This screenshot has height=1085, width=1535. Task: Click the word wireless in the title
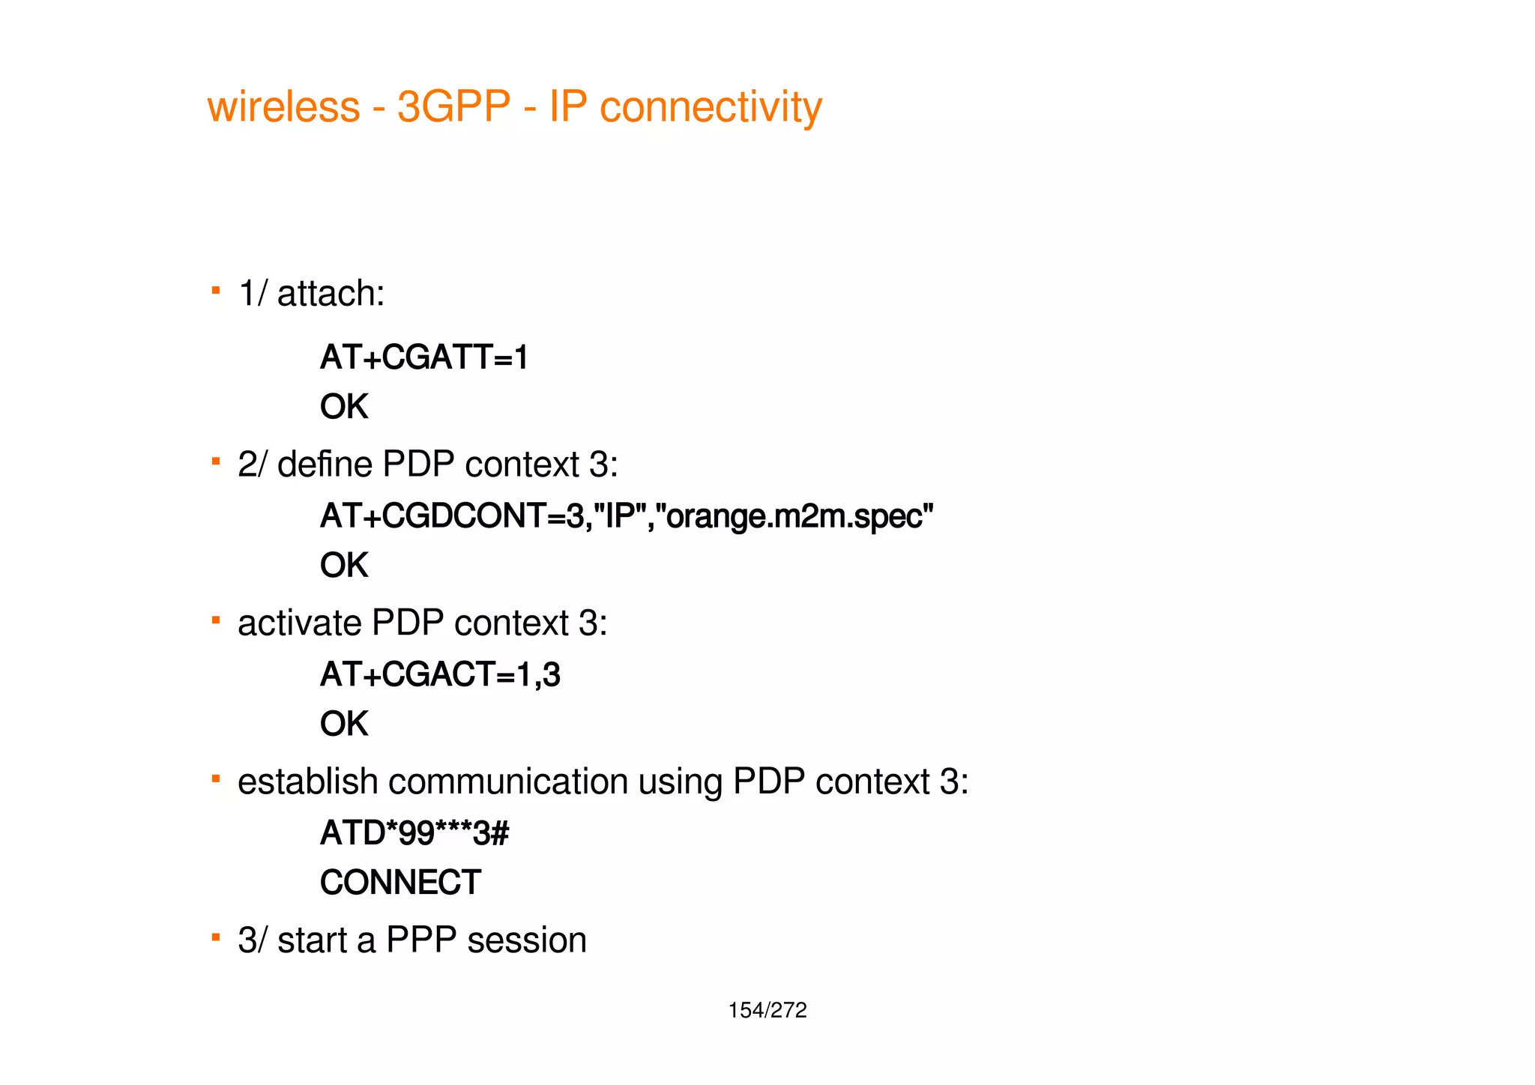[x=283, y=106]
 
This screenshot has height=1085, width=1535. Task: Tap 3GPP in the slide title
[x=453, y=106]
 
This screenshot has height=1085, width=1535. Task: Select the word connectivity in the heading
[x=711, y=108]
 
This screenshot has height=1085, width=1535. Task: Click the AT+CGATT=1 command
[x=424, y=357]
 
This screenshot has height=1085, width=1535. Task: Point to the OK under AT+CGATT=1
[x=344, y=407]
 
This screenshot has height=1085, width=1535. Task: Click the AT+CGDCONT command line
[x=627, y=516]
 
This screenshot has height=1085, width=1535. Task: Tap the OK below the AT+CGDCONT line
[x=344, y=566]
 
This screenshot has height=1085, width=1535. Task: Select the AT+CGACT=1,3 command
[x=440, y=674]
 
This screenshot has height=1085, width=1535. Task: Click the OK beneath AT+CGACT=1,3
[x=344, y=725]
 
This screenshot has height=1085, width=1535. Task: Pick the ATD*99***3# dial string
[x=414, y=833]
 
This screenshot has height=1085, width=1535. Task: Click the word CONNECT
[x=400, y=883]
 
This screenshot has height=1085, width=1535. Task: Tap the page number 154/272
[x=767, y=1011]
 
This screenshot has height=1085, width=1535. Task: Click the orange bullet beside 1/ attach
[x=216, y=290]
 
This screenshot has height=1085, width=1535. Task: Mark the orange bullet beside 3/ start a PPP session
[x=216, y=937]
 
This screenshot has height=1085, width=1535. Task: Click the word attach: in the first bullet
[x=331, y=293]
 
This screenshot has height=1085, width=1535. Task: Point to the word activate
[x=299, y=623]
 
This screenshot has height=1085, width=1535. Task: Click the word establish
[x=307, y=782]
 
